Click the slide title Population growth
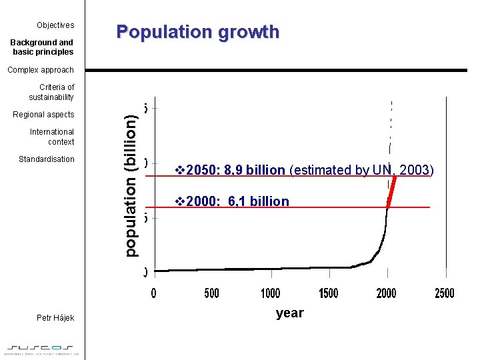click(x=197, y=32)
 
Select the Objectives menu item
click(x=55, y=25)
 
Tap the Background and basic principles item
click(x=43, y=47)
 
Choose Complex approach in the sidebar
click(x=41, y=70)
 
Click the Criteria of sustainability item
click(x=52, y=92)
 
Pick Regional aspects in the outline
click(x=44, y=115)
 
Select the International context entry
click(x=52, y=137)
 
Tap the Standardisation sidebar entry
click(x=47, y=159)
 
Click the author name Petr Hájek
click(x=55, y=318)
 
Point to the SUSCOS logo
click(x=43, y=349)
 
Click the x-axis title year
click(x=289, y=313)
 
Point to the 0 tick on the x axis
click(x=153, y=293)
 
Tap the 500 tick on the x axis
click(x=211, y=293)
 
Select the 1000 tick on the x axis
click(x=270, y=293)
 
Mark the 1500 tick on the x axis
click(x=328, y=293)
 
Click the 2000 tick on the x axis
click(x=387, y=293)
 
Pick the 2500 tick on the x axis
click(x=445, y=293)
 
